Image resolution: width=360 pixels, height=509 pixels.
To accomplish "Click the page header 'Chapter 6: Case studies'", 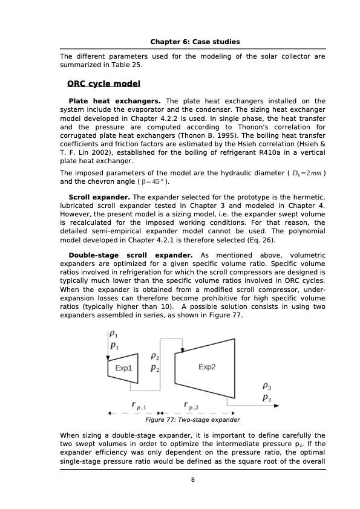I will pyautogui.click(x=195, y=42).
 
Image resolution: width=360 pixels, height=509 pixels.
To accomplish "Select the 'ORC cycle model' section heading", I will pyautogui.click(x=103, y=84).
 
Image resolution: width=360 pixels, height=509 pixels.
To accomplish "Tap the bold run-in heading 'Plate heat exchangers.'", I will pyautogui.click(x=114, y=101).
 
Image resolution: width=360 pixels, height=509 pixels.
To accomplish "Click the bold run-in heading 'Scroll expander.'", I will pyautogui.click(x=99, y=197).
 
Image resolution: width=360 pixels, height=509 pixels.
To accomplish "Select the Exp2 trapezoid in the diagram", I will pyautogui.click(x=207, y=367).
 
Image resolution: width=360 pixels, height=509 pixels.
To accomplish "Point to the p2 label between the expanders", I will pyautogui.click(x=155, y=368).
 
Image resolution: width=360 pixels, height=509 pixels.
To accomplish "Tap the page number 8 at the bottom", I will pyautogui.click(x=192, y=480).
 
